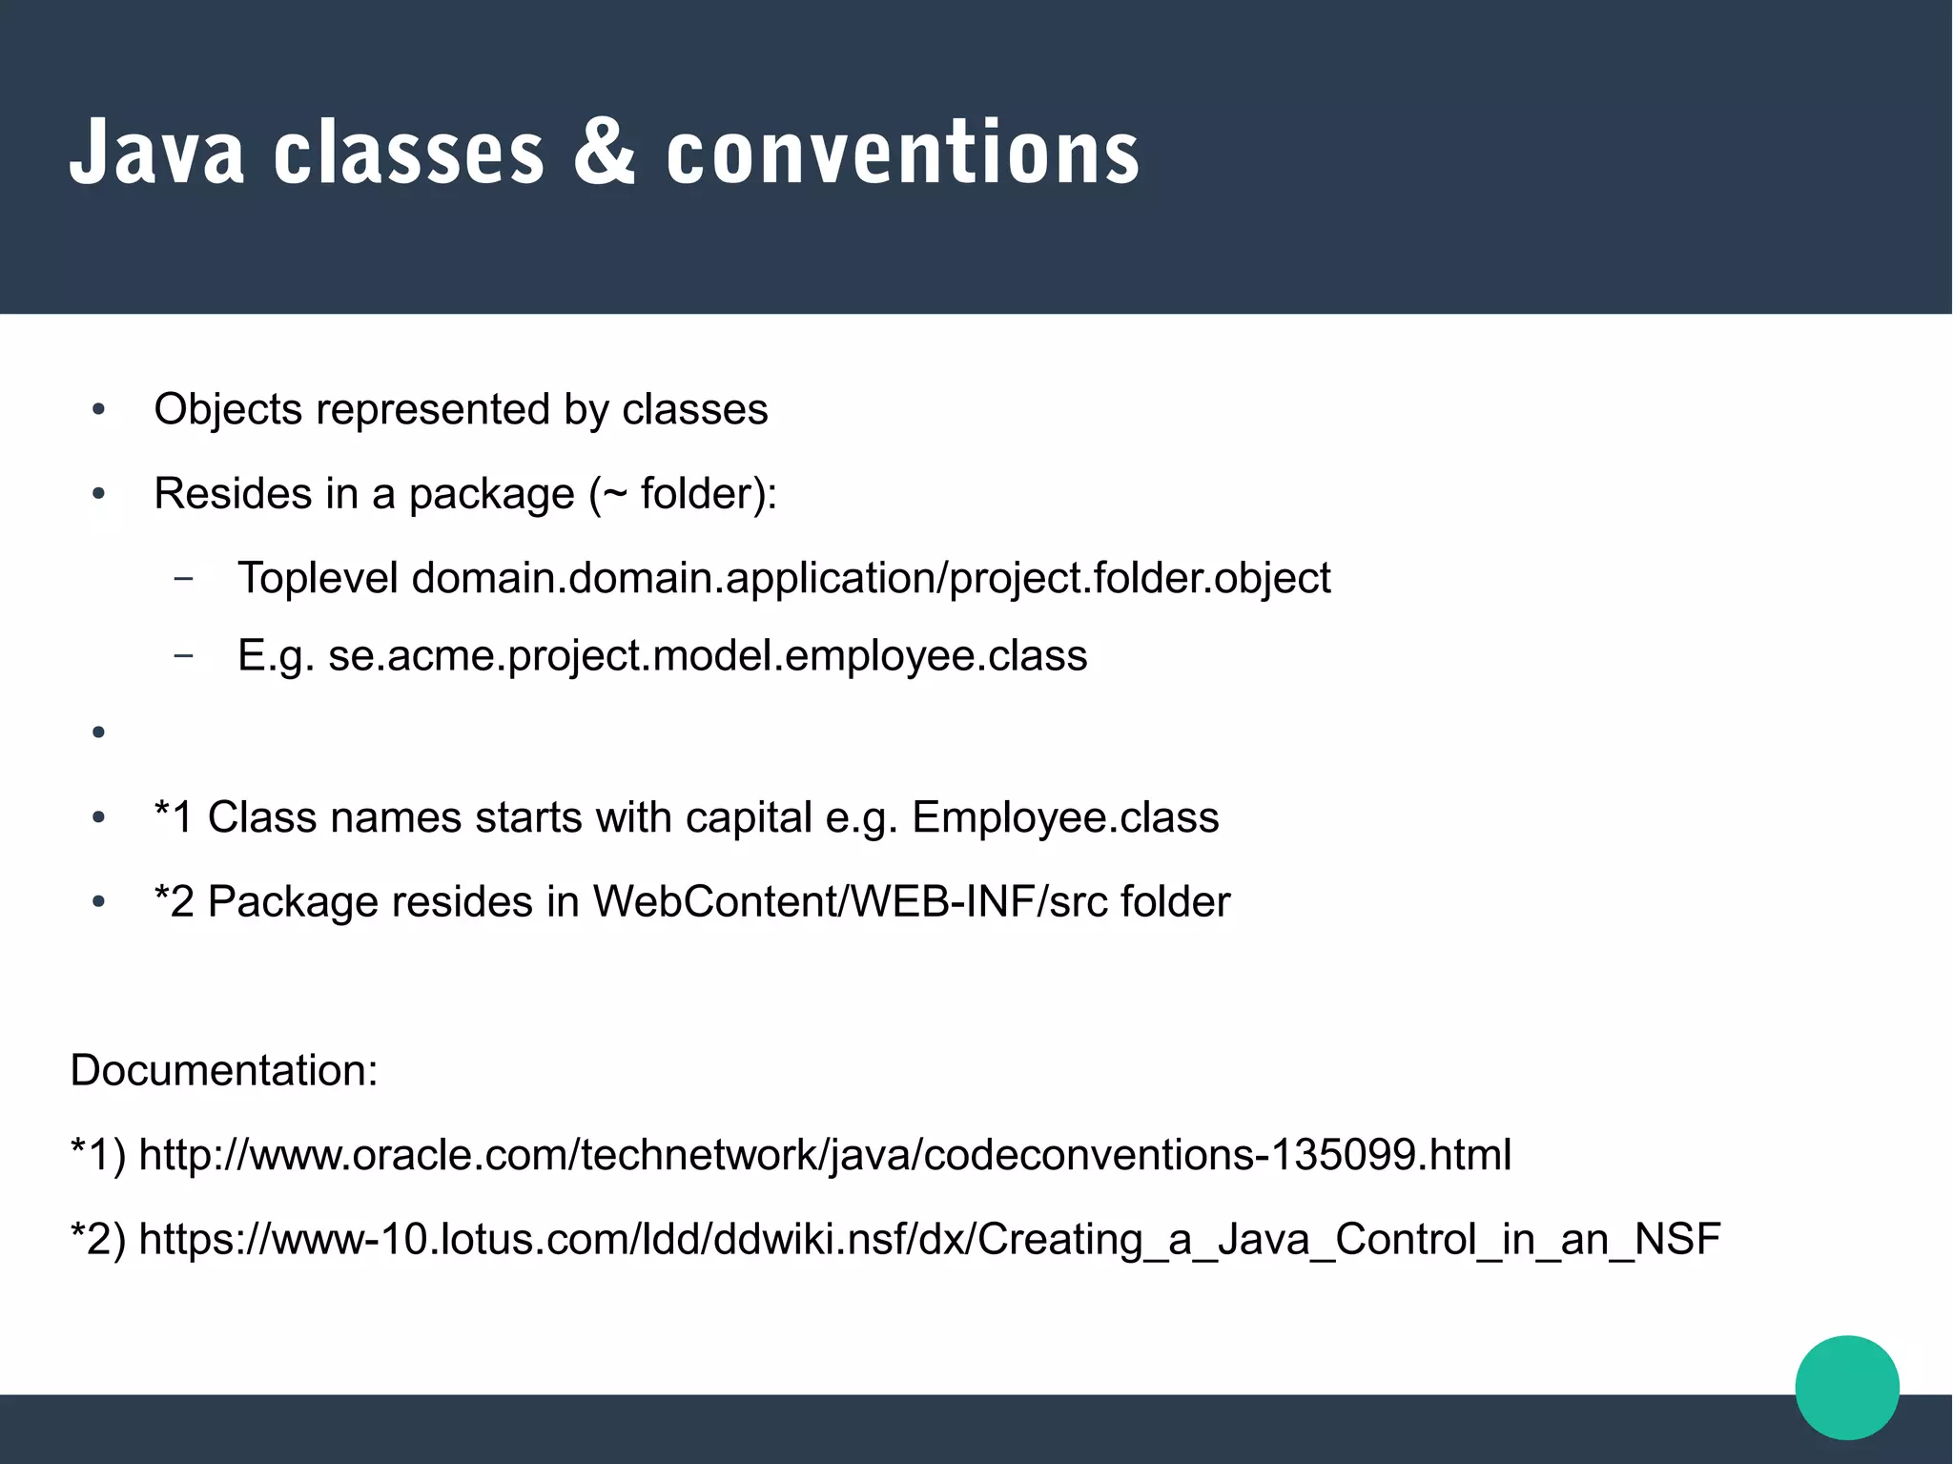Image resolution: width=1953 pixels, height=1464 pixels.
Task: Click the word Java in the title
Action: (x=156, y=153)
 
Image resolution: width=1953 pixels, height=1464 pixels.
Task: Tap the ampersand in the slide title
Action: (x=604, y=153)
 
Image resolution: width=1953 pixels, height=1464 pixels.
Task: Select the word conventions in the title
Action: (x=902, y=153)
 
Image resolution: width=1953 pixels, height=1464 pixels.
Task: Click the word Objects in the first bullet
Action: (x=228, y=410)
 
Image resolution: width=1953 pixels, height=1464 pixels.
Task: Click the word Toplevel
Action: (x=318, y=578)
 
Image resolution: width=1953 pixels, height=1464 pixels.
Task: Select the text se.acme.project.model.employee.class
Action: (x=707, y=656)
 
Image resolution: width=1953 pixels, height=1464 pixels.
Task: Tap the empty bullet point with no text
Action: (x=98, y=732)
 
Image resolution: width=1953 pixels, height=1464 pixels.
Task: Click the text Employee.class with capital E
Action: (x=1065, y=817)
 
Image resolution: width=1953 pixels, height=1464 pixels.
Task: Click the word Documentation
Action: (x=223, y=1070)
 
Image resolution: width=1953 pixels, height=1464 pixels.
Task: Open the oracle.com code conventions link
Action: (x=825, y=1155)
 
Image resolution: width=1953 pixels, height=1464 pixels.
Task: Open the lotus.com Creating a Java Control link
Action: (x=929, y=1240)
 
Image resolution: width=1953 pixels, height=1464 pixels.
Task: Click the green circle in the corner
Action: (x=1846, y=1387)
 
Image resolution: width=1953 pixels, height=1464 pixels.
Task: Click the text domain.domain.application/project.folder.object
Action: (x=871, y=578)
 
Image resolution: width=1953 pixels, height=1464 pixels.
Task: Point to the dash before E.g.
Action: (x=184, y=656)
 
